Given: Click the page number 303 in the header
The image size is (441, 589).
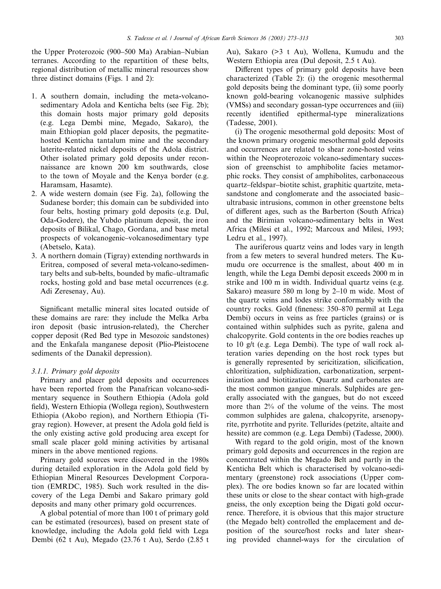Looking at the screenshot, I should coord(399,38).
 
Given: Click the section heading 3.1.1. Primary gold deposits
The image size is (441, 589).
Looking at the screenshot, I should coord(75,371).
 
